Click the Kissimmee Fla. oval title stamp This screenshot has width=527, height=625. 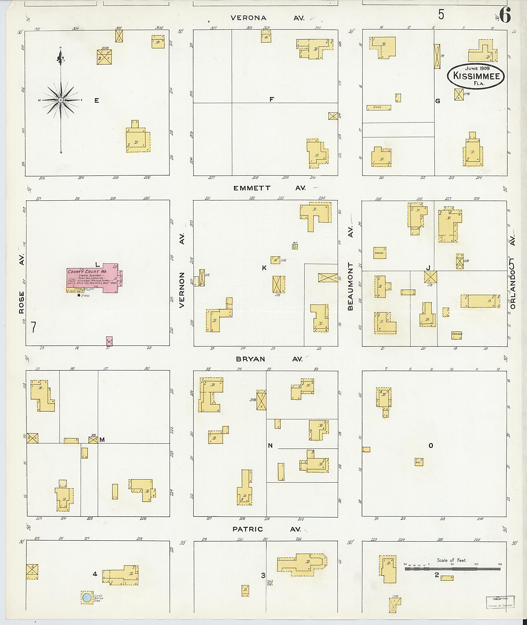coord(476,76)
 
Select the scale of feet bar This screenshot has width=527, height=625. coord(452,569)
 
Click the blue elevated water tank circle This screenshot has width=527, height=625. coord(87,597)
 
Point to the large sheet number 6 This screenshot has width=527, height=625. coord(505,15)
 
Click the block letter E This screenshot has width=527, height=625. coord(96,101)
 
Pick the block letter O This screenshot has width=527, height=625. coord(431,445)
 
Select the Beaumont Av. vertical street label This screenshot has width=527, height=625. coord(350,272)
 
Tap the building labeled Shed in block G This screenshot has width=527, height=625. coord(379,108)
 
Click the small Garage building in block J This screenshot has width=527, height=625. coord(456,335)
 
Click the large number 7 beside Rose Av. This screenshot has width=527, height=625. coord(33,327)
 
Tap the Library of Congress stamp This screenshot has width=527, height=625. coord(500,602)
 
